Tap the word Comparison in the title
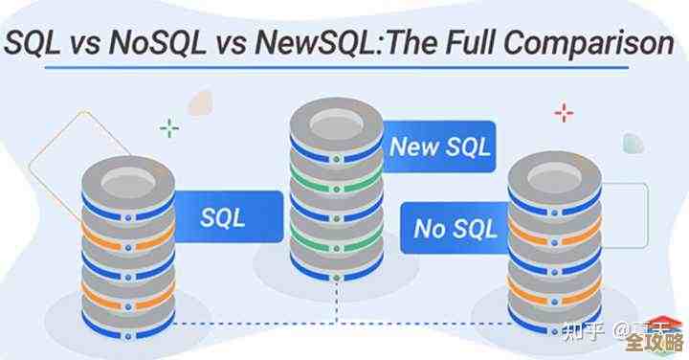pyautogui.click(x=588, y=43)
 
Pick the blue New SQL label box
pyautogui.click(x=440, y=146)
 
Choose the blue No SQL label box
pyautogui.click(x=456, y=229)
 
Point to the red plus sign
pyautogui.click(x=563, y=115)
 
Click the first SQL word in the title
pyautogui.click(x=37, y=44)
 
